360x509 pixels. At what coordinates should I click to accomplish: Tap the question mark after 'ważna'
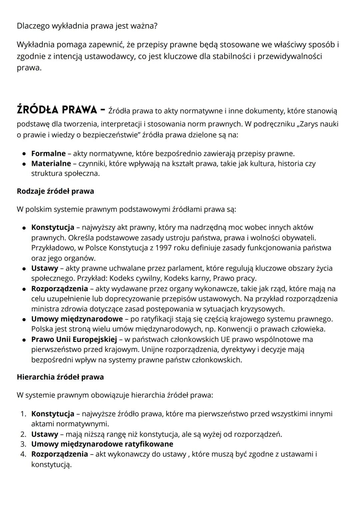point(155,26)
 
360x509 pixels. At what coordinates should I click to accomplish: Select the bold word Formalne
point(48,153)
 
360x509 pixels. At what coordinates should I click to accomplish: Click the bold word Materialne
point(51,163)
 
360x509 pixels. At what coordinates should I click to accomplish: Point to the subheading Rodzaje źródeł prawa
point(55,191)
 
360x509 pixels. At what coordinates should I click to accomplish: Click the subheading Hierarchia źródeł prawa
point(60,377)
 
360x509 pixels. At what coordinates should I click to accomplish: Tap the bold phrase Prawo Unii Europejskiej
point(74,339)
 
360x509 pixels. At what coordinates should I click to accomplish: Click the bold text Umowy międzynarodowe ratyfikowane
point(102,444)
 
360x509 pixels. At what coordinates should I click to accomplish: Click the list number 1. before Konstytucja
point(23,414)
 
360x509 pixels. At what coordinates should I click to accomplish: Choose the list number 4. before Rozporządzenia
point(23,454)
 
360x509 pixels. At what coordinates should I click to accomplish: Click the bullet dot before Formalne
point(24,154)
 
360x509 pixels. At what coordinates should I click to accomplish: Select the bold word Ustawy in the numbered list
point(45,434)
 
